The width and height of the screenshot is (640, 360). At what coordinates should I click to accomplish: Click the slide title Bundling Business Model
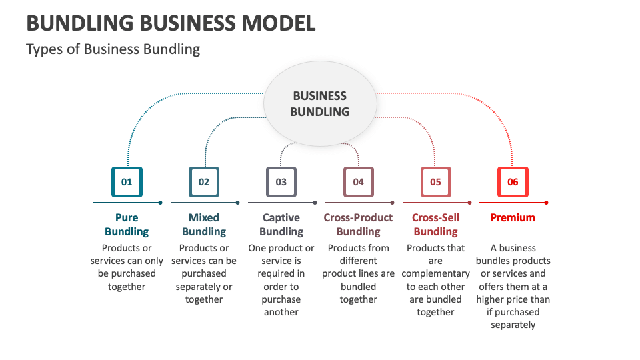[x=171, y=23]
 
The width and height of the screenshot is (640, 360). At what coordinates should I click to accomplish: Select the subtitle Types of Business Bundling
[x=113, y=49]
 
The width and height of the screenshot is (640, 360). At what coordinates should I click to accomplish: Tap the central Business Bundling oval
[x=320, y=104]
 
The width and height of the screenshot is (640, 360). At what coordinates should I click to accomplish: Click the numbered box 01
[x=127, y=182]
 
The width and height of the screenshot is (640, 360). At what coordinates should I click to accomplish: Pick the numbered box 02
[x=204, y=182]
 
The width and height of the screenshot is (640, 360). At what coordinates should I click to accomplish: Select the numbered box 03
[x=281, y=182]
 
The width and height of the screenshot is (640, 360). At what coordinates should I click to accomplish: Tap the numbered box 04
[x=359, y=182]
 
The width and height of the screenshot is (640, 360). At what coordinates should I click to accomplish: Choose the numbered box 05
[x=436, y=182]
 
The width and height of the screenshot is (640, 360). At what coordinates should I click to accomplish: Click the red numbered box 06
[x=513, y=182]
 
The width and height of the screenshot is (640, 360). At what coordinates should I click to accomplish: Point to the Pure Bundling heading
[x=127, y=225]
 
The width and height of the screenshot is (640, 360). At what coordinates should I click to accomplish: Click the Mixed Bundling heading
[x=204, y=225]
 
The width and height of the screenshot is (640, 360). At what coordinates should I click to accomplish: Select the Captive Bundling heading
[x=281, y=225]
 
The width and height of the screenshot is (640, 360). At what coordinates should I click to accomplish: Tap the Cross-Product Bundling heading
[x=359, y=225]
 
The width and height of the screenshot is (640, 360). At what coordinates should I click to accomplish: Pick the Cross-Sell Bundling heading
[x=436, y=225]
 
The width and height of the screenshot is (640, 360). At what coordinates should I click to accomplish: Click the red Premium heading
[x=513, y=217]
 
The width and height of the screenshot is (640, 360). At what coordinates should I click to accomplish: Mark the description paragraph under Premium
[x=513, y=286]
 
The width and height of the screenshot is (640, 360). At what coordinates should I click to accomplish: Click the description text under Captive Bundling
[x=281, y=279]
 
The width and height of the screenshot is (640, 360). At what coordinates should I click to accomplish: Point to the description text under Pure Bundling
[x=127, y=267]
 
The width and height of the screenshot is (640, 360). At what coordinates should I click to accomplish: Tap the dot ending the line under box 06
[x=547, y=202]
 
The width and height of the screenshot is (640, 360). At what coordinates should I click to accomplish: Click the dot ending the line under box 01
[x=161, y=202]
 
